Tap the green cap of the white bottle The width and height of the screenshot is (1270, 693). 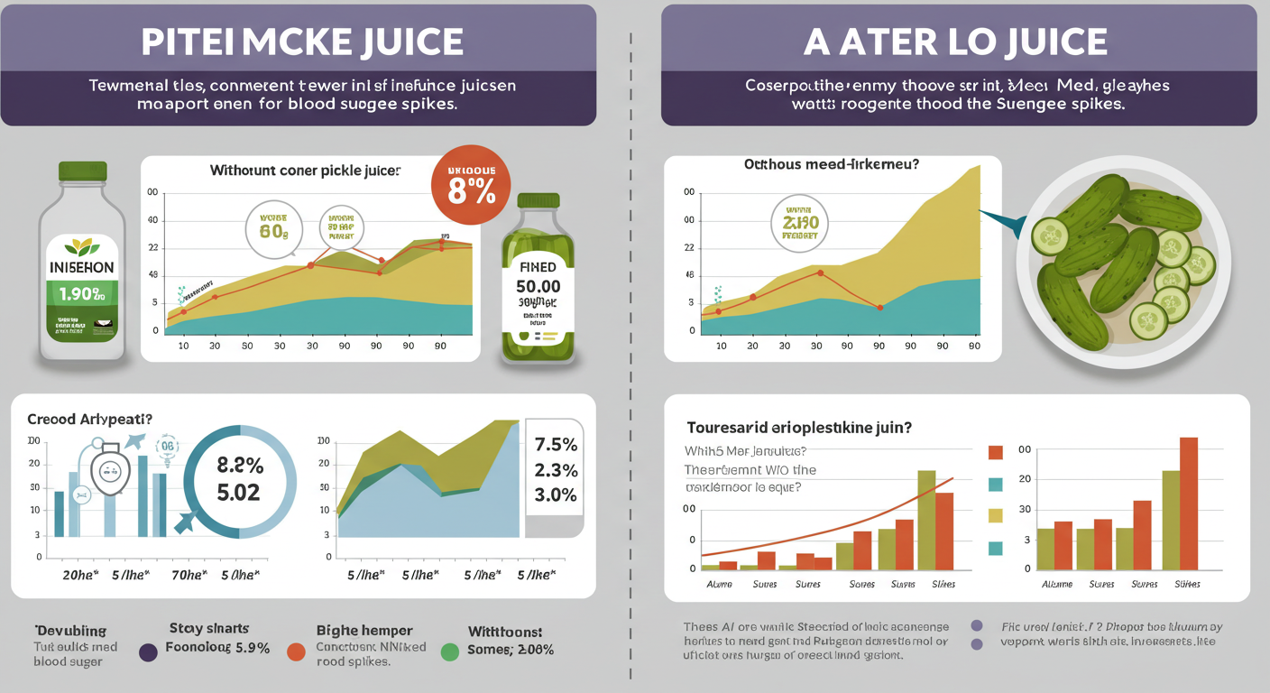pos(82,171)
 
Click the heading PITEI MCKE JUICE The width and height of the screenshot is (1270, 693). pos(303,42)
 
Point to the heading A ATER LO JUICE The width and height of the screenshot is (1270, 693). pos(958,42)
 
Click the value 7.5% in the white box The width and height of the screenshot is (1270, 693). pos(556,445)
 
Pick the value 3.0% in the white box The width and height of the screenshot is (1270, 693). pos(556,494)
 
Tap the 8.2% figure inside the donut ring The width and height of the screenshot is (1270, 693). pos(240,466)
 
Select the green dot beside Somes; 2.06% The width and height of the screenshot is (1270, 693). pos(448,651)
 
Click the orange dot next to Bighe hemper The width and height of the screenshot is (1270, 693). pos(296,651)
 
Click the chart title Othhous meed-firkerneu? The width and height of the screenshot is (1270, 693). pos(832,164)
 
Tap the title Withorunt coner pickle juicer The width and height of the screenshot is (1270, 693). pos(305,170)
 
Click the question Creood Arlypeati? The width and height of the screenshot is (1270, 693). pos(89,420)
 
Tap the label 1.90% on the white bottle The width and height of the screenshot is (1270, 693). pos(82,293)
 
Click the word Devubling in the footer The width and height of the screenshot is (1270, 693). pos(70,630)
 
